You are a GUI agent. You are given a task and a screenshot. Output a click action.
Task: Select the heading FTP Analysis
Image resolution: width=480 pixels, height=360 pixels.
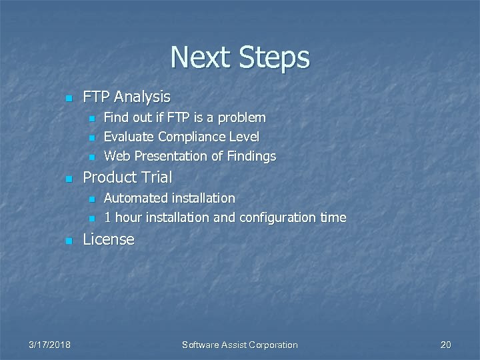click(126, 97)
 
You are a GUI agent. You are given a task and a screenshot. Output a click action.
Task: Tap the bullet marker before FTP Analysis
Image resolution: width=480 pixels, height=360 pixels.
click(67, 99)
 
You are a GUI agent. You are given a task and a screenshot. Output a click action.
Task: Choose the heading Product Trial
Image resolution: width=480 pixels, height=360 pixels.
click(127, 177)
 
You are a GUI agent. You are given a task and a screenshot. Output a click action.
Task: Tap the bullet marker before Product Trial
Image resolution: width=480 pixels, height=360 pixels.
click(67, 179)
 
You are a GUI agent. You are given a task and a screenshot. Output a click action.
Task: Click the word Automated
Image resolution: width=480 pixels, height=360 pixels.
click(135, 198)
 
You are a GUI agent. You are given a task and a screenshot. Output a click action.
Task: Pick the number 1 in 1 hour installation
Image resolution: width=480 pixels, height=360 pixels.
click(107, 217)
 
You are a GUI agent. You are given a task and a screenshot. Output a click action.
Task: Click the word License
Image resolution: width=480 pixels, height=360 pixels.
click(108, 239)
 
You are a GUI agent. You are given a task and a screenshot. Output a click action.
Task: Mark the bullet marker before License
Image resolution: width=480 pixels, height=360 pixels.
click(67, 241)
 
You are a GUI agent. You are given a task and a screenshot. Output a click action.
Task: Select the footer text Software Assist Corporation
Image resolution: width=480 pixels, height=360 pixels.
click(240, 345)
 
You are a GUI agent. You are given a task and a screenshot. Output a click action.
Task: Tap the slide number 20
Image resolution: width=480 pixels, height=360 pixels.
click(445, 345)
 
